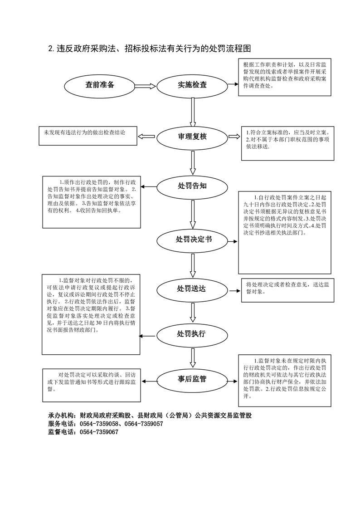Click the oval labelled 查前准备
[x=100, y=85]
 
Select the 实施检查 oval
[x=192, y=85]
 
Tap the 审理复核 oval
[x=192, y=136]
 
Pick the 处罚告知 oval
[x=192, y=186]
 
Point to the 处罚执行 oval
[x=192, y=334]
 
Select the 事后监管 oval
[x=192, y=379]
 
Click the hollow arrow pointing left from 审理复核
[x=146, y=136]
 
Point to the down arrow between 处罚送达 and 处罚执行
[x=193, y=312]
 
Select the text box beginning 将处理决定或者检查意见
[x=288, y=289]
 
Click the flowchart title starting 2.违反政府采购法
[x=150, y=49]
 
